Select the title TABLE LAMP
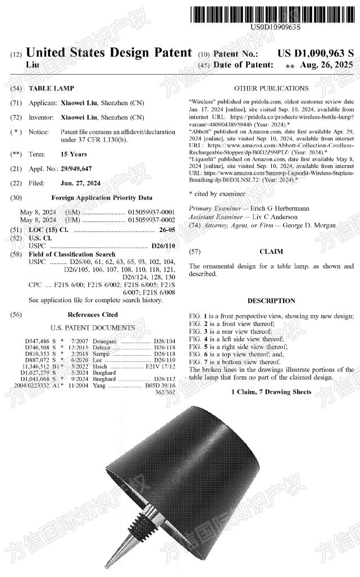coord(51,89)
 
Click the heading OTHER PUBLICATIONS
coord(271,88)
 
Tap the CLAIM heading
coord(271,252)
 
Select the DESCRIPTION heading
coord(271,301)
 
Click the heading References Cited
coord(93,315)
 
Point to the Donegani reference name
coord(105,341)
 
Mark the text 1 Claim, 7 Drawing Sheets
coord(271,391)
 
